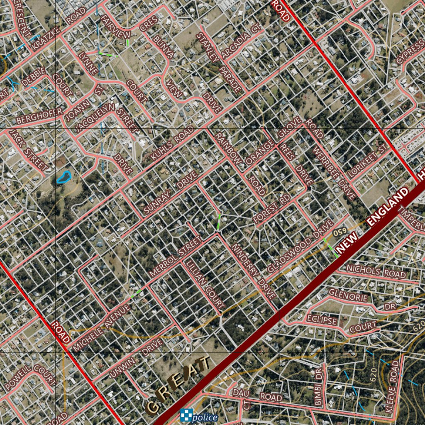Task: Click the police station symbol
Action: click(x=186, y=415)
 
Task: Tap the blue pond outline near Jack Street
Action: click(x=64, y=177)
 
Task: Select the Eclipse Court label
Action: click(x=342, y=324)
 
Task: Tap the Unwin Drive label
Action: click(x=137, y=357)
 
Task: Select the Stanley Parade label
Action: click(x=218, y=62)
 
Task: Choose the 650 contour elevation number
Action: click(x=340, y=232)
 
